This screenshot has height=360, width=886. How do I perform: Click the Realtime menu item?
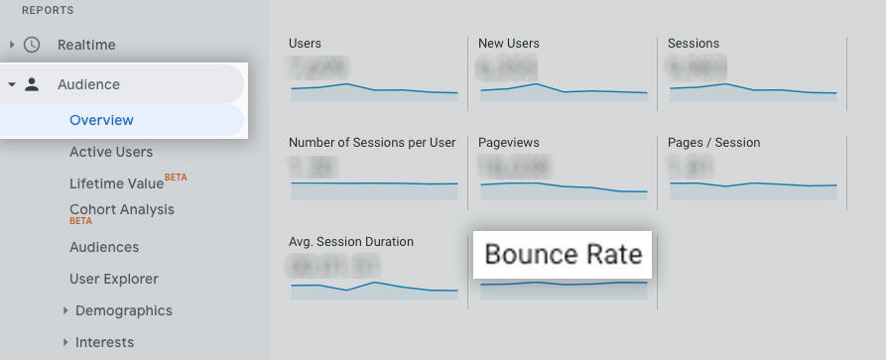point(86,45)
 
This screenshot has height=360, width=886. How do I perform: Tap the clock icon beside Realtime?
point(33,45)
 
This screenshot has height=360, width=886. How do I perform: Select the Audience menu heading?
point(88,84)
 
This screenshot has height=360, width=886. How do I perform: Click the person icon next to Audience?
point(33,84)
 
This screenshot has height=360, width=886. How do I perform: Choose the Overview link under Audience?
point(101,120)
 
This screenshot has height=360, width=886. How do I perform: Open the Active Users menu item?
point(111,152)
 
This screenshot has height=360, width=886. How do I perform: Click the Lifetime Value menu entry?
point(117,183)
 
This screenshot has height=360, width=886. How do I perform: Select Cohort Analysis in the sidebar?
point(122,209)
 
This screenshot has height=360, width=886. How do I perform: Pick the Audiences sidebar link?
point(104,247)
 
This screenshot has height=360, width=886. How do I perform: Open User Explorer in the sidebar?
point(114,279)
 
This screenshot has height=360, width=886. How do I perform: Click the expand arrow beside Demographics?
point(65,310)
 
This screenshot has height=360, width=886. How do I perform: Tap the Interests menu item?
point(104,342)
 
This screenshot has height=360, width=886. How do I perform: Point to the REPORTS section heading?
point(48,10)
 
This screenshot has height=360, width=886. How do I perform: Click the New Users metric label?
point(509,44)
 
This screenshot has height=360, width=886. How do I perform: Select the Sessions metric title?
point(694,44)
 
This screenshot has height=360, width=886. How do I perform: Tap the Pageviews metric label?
point(509,143)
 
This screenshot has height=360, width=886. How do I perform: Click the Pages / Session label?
point(713,143)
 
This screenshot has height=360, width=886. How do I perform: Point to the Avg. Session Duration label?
point(351,241)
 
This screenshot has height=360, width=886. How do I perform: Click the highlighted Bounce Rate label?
point(564,255)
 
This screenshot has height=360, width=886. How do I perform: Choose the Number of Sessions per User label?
point(372,143)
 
